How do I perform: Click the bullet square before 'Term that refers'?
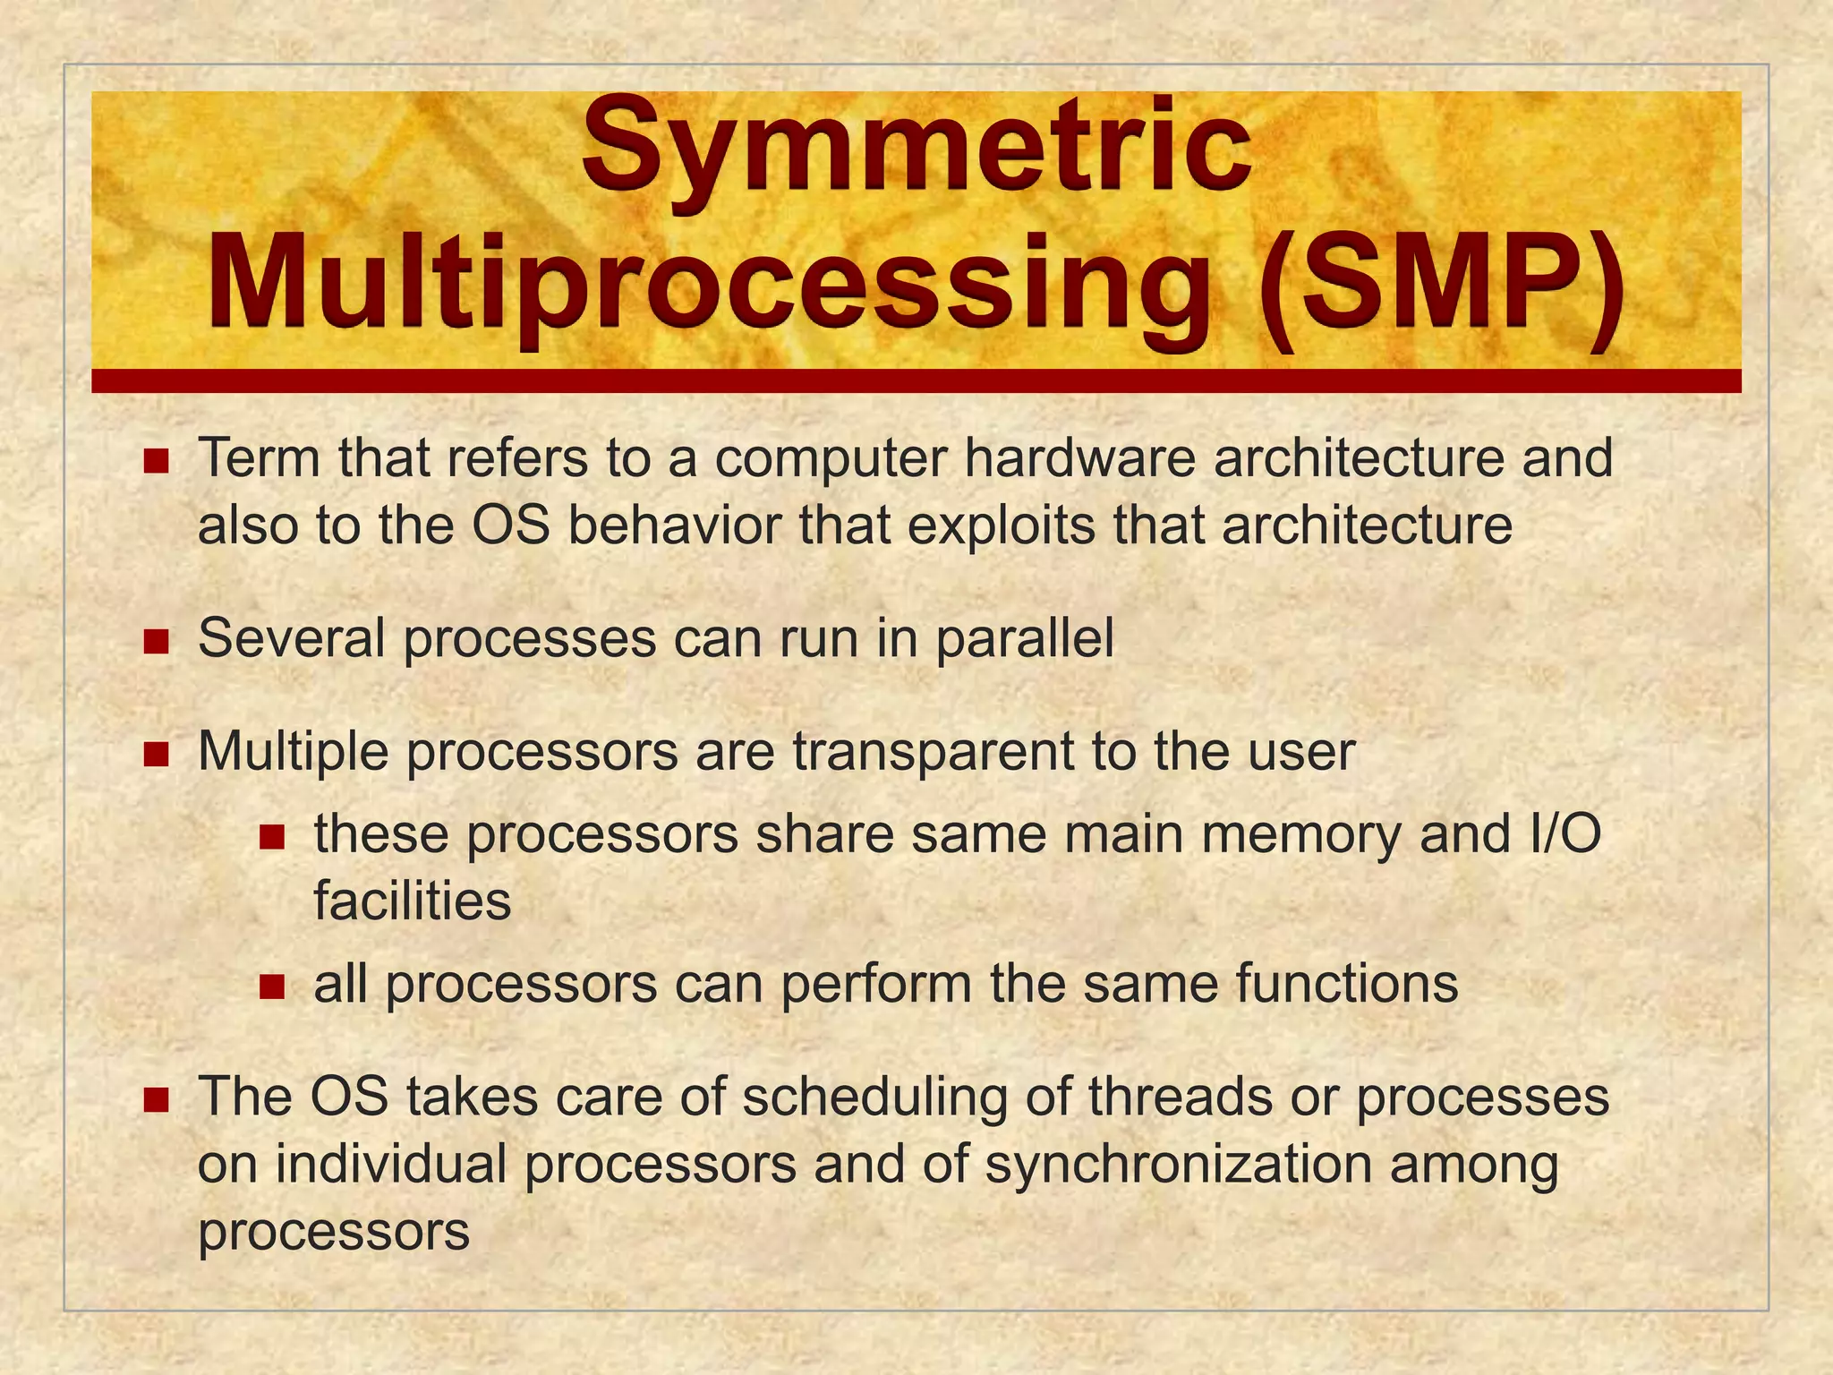[x=156, y=462]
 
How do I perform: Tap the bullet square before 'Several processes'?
[x=156, y=642]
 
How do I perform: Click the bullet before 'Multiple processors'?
[x=156, y=755]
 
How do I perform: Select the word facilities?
[x=413, y=901]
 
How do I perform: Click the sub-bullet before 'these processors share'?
[x=271, y=838]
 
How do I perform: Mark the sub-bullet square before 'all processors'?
[x=271, y=987]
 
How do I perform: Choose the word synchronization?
[x=1179, y=1165]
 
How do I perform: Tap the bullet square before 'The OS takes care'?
[x=156, y=1100]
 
